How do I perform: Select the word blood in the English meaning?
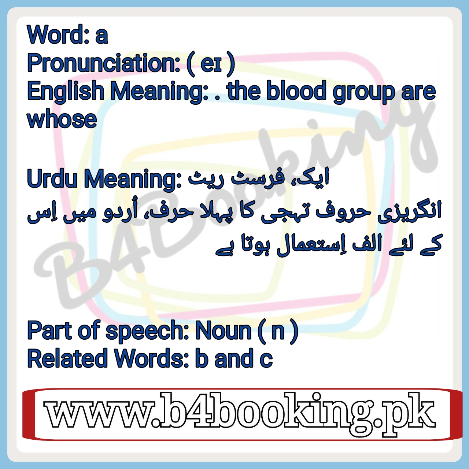296,91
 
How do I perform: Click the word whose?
62,119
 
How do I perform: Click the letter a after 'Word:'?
101,37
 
